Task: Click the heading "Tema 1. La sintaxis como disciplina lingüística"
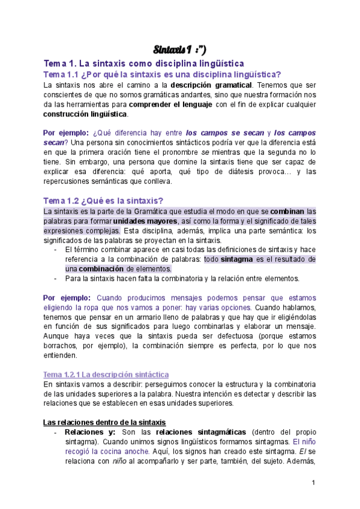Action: (x=143, y=63)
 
